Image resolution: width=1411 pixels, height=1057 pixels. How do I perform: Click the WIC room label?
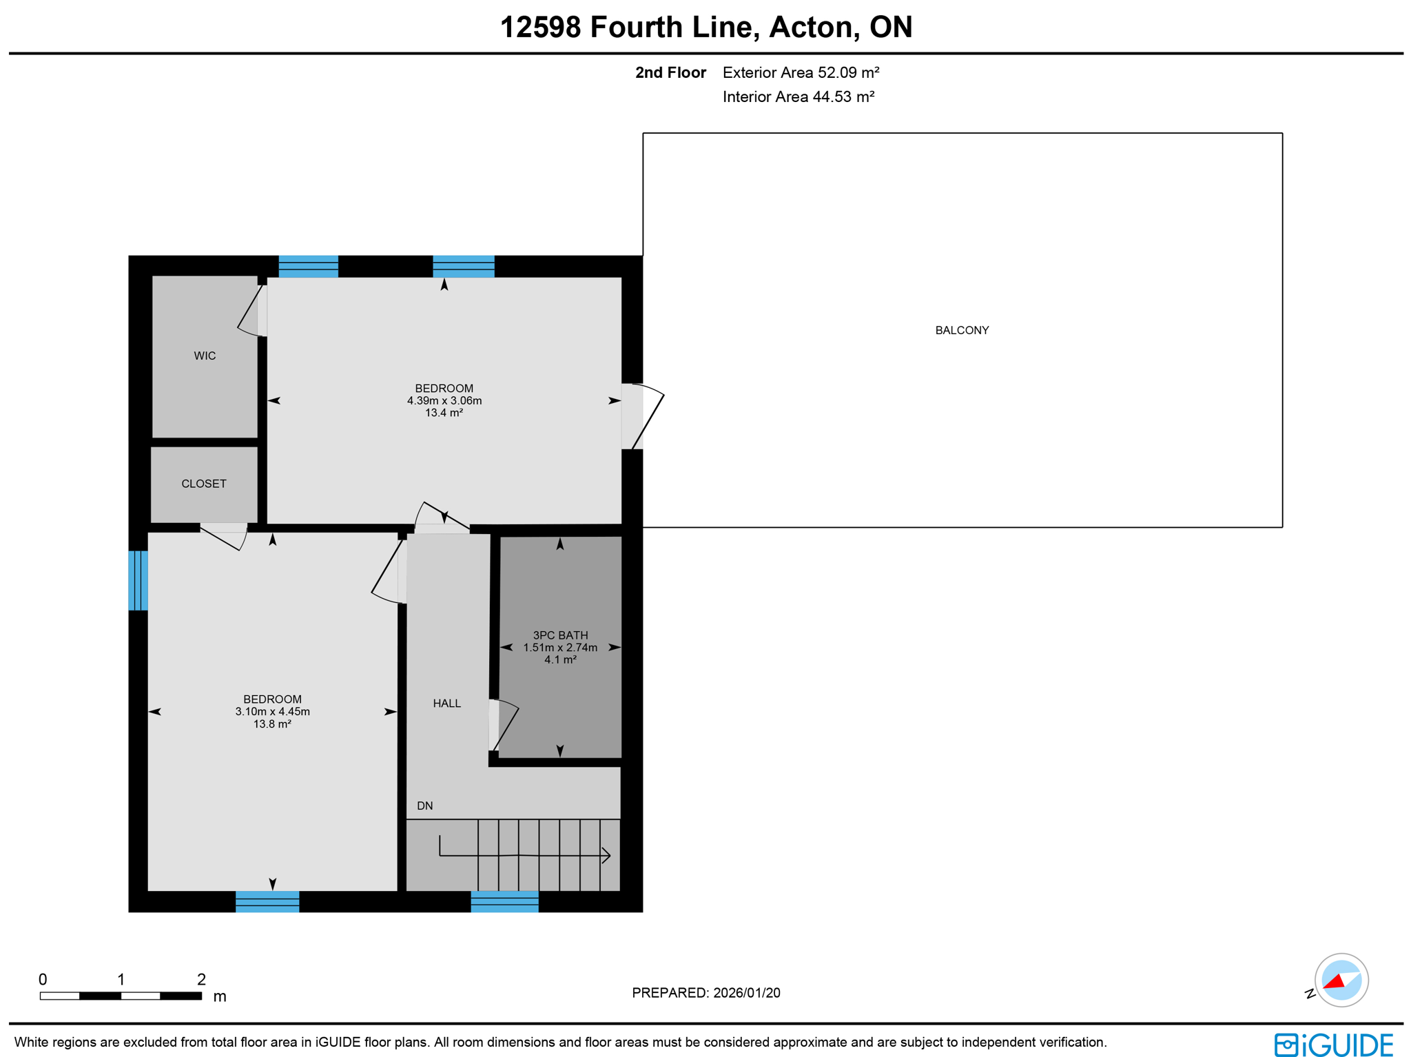205,356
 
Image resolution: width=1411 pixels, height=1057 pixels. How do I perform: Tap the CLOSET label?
203,484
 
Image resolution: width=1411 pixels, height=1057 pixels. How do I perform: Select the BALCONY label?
961,330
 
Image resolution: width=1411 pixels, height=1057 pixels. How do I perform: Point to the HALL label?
446,703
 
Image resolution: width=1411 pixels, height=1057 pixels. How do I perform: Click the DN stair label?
424,805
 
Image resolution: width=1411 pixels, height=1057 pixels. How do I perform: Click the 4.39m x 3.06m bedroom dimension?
444,400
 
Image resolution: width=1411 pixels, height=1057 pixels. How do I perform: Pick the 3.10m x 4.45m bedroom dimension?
272,711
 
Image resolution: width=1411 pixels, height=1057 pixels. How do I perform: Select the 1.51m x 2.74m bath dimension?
559,647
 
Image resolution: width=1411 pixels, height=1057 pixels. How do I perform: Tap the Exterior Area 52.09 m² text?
800,72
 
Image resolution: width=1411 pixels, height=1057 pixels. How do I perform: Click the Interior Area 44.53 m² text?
798,96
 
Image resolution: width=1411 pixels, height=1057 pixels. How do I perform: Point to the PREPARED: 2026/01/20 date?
705,992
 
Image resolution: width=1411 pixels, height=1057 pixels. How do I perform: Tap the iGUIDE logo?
1332,1044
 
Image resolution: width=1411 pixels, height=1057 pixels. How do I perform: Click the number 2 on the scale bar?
201,978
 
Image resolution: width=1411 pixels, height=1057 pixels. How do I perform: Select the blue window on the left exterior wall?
138,580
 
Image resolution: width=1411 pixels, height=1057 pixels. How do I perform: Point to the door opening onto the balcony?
642,416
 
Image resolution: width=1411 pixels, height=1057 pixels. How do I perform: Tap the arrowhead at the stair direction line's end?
606,856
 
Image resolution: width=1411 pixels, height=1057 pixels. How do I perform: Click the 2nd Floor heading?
670,72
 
